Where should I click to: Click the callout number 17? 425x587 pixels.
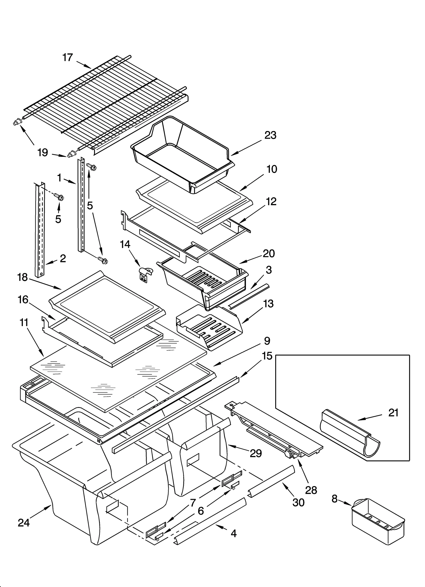click(67, 57)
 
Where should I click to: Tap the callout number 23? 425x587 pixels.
click(270, 135)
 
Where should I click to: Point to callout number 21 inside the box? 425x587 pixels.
click(393, 413)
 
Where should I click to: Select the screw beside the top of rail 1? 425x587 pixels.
click(92, 167)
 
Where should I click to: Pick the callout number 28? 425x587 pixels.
click(311, 490)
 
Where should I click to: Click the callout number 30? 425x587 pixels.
click(298, 502)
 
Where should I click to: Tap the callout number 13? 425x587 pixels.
click(268, 303)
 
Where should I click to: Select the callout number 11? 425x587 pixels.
click(24, 323)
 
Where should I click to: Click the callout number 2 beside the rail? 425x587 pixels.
click(63, 258)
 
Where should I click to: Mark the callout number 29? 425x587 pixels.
click(256, 453)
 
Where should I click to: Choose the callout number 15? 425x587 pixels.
click(267, 356)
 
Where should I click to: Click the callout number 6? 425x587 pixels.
click(201, 510)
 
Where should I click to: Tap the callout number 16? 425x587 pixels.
click(23, 299)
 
